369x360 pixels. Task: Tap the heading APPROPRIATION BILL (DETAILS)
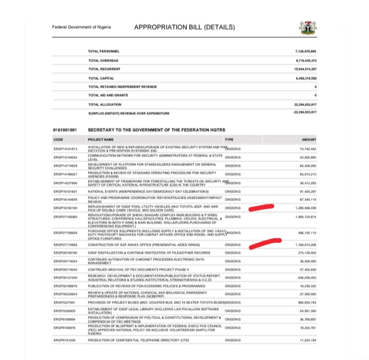184,27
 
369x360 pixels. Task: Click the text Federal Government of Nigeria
82,27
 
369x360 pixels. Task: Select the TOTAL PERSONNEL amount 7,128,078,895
306,52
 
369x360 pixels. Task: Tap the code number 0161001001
64,131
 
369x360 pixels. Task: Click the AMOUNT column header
310,139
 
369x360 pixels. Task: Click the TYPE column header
229,139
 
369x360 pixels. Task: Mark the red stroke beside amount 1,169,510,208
265,244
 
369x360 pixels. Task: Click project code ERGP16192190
65,209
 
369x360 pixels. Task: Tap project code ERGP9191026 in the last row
64,340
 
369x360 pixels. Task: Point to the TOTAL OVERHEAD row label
100,60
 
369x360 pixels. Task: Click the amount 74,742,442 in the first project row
307,149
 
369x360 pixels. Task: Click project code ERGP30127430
65,277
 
